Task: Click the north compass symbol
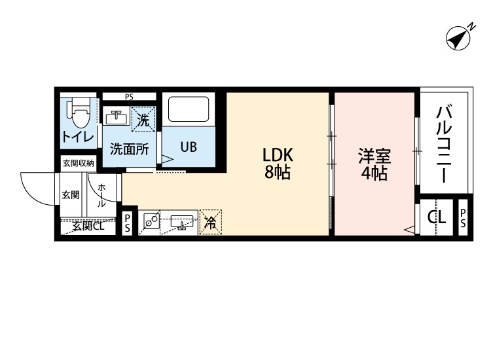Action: (460, 37)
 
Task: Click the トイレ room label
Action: (79, 137)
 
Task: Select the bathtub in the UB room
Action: (189, 109)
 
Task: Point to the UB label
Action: (189, 147)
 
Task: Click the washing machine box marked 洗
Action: (143, 119)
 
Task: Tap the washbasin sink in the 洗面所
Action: (116, 118)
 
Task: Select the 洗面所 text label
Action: (130, 150)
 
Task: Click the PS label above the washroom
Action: (129, 97)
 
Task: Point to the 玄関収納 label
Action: (79, 163)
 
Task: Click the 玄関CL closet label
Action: (88, 226)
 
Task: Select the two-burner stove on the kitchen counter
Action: (152, 220)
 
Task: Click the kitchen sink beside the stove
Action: (182, 222)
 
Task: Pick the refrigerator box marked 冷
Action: (210, 222)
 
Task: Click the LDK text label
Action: (278, 154)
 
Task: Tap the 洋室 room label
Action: (374, 156)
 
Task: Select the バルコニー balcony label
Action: (444, 144)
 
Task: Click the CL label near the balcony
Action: (437, 217)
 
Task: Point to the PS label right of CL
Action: (463, 218)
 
